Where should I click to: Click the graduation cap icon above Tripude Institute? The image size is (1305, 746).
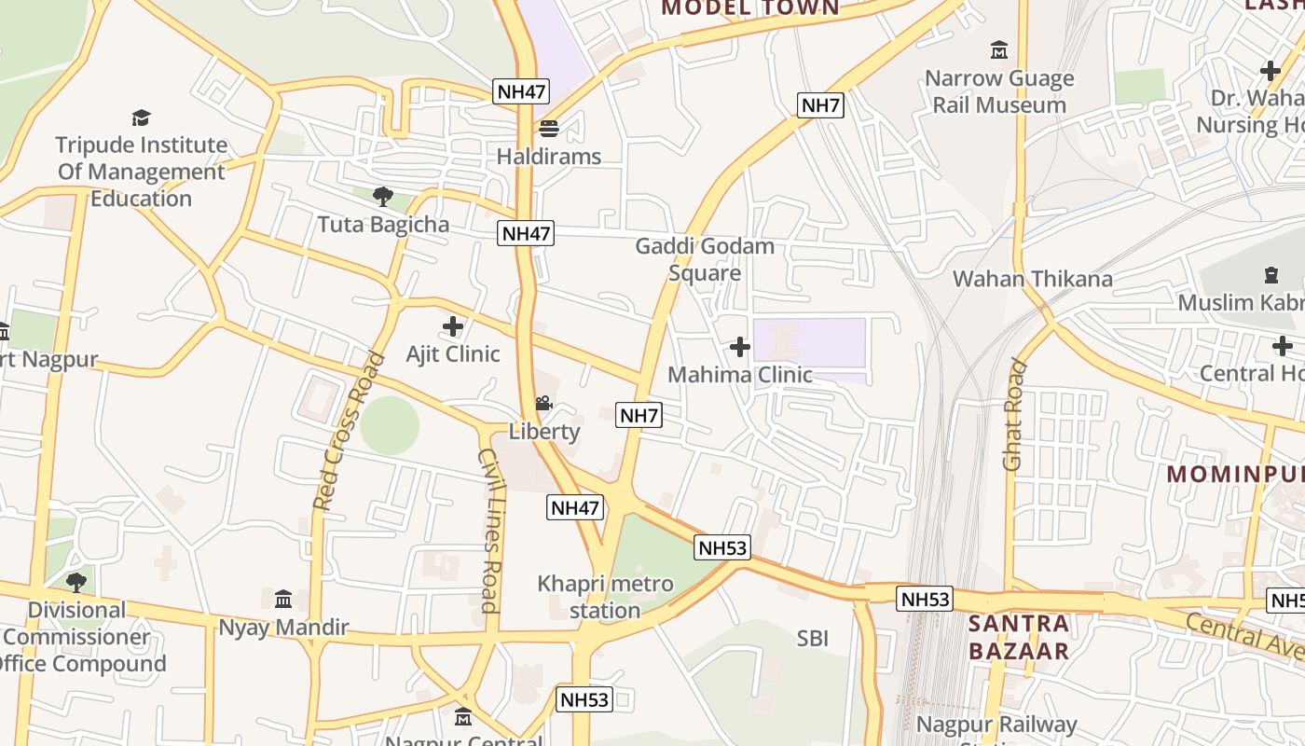141,117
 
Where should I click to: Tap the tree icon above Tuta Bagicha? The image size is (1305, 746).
382,197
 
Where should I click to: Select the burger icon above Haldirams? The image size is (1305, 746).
548,128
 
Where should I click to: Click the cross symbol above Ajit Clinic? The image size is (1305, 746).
453,326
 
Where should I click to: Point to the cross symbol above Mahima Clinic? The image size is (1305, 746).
740,347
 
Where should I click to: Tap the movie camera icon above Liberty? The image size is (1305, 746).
543,404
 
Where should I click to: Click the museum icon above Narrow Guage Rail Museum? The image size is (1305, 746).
999,49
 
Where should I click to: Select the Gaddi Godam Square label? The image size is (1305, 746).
705,259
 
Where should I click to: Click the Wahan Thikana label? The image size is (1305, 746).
1032,279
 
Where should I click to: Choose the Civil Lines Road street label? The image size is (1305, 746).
490,530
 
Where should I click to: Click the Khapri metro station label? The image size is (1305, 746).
605,597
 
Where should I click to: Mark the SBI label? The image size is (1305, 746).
812,639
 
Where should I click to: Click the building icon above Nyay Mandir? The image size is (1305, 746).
283,599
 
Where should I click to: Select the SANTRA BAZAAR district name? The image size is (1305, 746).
1019,637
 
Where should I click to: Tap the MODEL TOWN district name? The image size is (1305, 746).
750,8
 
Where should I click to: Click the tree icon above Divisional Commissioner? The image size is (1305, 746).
76,583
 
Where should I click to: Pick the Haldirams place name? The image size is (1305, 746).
548,156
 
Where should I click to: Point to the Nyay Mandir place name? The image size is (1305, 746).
283,627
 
